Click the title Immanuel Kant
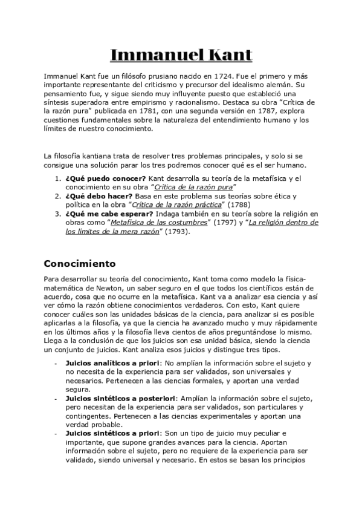tap(181, 56)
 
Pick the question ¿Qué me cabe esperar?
tap(109, 214)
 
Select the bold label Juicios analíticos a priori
tap(103, 363)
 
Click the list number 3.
tap(57, 214)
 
